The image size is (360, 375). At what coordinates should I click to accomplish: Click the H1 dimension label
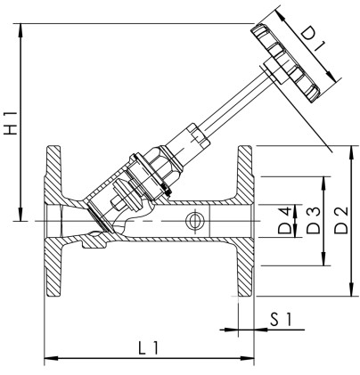pyautogui.click(x=10, y=121)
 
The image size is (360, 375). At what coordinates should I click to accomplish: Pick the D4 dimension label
pyautogui.click(x=284, y=220)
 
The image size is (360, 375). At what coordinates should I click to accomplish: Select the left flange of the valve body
pyautogui.click(x=53, y=220)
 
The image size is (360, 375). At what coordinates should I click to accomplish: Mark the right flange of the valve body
pyautogui.click(x=244, y=220)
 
